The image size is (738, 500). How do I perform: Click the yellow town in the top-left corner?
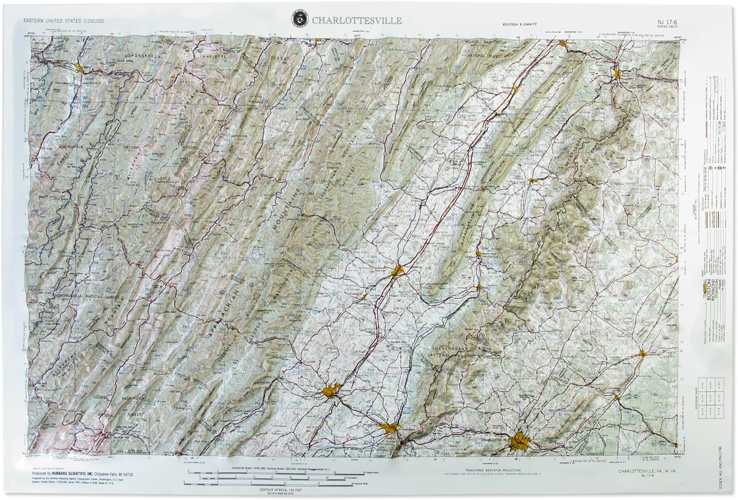point(79,66)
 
